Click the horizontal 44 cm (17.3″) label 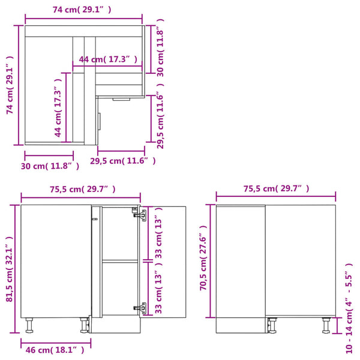click(x=108, y=59)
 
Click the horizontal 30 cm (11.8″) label click(x=49, y=165)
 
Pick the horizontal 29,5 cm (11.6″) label click(x=122, y=161)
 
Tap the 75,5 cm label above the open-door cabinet click(x=82, y=189)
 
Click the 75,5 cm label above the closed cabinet click(x=276, y=188)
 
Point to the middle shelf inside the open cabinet click(x=120, y=260)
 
